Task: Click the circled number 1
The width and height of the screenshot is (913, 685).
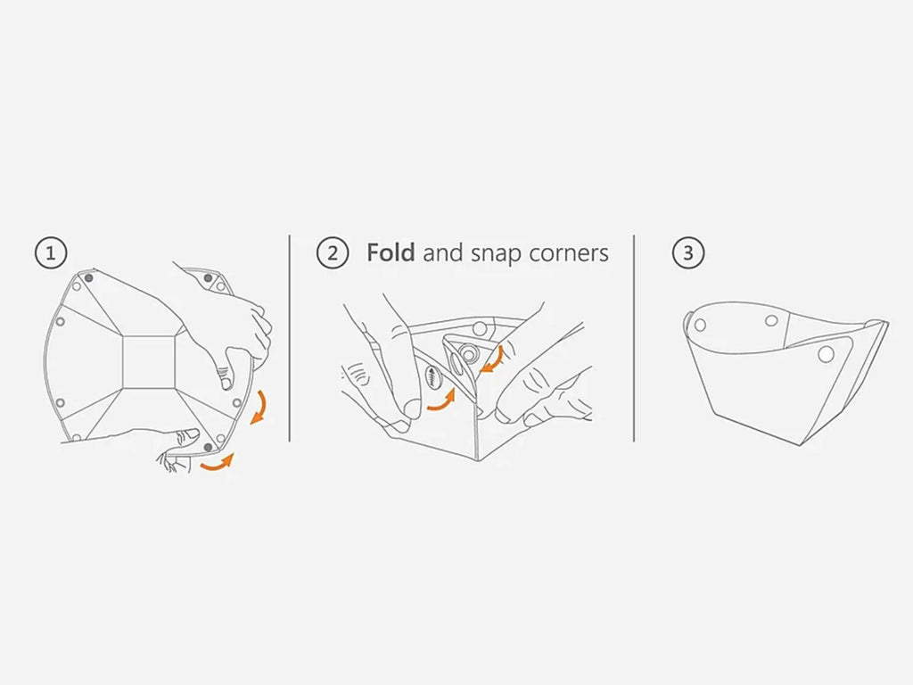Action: pyautogui.click(x=51, y=252)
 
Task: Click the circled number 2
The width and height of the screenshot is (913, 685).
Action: pyautogui.click(x=333, y=252)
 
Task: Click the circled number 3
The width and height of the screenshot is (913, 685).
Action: pyautogui.click(x=688, y=252)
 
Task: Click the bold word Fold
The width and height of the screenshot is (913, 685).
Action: pyautogui.click(x=391, y=252)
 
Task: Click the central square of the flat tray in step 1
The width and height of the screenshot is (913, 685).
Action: pyautogui.click(x=149, y=362)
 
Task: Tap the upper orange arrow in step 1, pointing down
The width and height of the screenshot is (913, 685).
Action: pyautogui.click(x=259, y=407)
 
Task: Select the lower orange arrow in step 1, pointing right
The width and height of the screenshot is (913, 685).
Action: pyautogui.click(x=217, y=464)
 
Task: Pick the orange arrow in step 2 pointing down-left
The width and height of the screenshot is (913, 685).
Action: pyautogui.click(x=491, y=360)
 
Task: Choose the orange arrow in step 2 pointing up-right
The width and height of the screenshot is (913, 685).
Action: pyautogui.click(x=441, y=400)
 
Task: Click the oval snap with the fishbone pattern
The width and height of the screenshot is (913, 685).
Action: pyautogui.click(x=432, y=378)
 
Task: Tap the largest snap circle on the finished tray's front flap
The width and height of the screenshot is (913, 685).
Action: pyautogui.click(x=826, y=353)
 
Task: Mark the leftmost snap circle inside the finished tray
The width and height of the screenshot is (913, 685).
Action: pyautogui.click(x=700, y=325)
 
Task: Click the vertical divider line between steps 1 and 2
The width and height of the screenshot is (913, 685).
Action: pyautogui.click(x=290, y=338)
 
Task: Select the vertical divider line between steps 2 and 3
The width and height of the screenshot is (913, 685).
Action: pyautogui.click(x=634, y=338)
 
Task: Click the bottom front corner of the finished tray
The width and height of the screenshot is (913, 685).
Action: pyautogui.click(x=805, y=446)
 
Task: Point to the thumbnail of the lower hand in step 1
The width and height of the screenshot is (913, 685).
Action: pyautogui.click(x=191, y=434)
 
